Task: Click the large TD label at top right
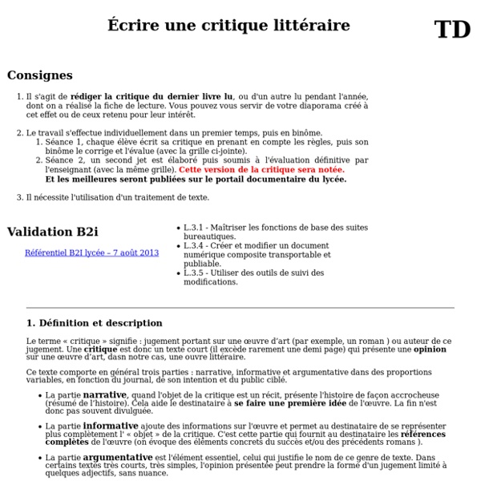click(452, 30)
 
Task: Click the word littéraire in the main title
click(313, 26)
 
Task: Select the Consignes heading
click(39, 75)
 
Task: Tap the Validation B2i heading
click(52, 232)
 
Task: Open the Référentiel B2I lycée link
click(91, 253)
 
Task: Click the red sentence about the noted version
click(261, 170)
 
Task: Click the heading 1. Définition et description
click(94, 323)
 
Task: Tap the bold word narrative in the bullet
click(104, 394)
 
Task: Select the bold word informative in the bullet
click(111, 426)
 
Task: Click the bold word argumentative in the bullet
click(118, 457)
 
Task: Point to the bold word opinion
click(430, 350)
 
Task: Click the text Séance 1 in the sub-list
click(62, 142)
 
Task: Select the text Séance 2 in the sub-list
click(62, 160)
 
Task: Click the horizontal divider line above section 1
click(240, 308)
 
